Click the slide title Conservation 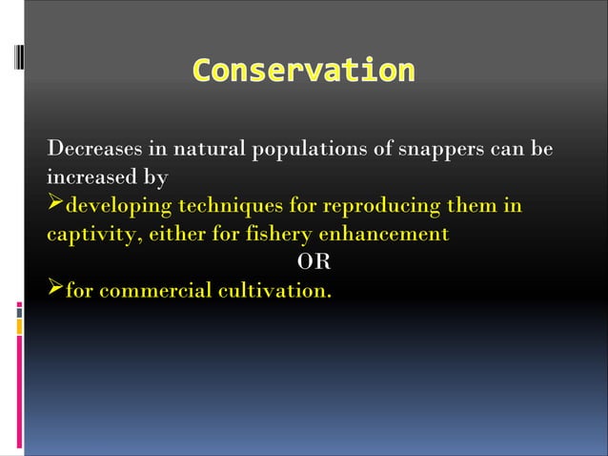(303, 71)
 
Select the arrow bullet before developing (55, 206)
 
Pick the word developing (118, 206)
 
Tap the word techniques (234, 206)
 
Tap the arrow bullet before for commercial (55, 289)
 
